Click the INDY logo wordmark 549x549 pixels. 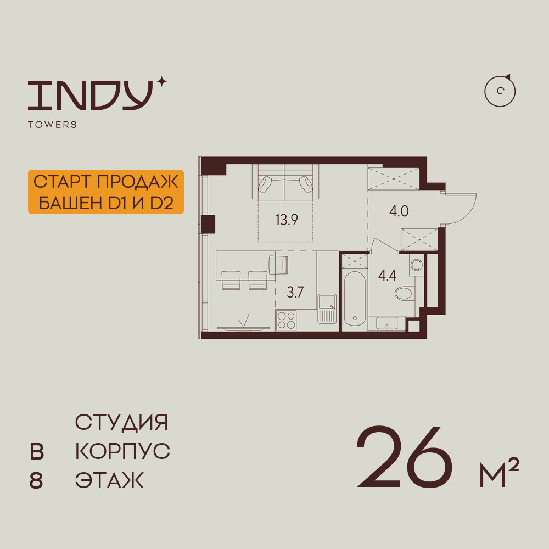[x=90, y=94]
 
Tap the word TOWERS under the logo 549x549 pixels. [x=52, y=125]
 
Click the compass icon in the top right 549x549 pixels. [x=500, y=91]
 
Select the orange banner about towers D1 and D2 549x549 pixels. [x=105, y=192]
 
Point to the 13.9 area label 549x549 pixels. [x=287, y=221]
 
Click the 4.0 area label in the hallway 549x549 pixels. [x=399, y=211]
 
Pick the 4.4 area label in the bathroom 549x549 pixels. [x=387, y=276]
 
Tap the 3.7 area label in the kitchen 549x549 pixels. [x=295, y=292]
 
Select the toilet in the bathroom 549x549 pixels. [x=405, y=293]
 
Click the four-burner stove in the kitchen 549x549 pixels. [x=286, y=320]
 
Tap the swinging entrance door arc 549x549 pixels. [x=461, y=209]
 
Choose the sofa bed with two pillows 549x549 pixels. [x=284, y=183]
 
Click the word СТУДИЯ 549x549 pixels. [x=121, y=423]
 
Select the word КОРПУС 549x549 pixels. [x=122, y=452]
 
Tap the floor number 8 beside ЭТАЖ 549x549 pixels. [x=36, y=481]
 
